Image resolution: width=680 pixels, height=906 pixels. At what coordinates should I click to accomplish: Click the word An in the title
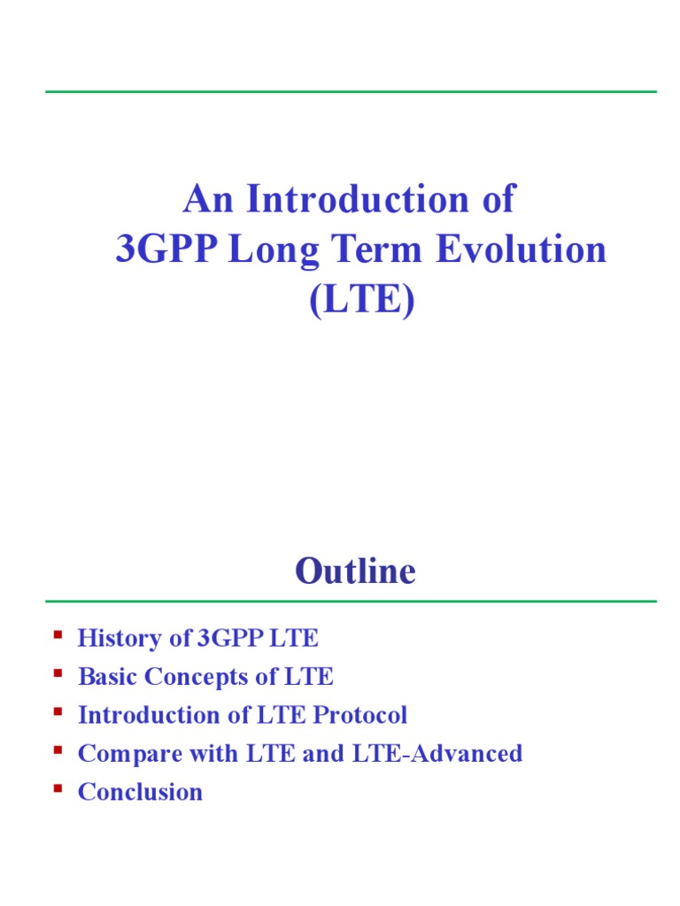tap(210, 199)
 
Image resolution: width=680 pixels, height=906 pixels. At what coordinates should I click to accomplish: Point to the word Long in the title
tap(267, 250)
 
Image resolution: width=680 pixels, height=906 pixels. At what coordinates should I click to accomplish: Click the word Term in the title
tap(371, 250)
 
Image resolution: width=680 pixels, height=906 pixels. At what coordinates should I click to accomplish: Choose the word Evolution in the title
tap(521, 250)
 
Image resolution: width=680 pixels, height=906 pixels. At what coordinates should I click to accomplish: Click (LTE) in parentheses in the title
tap(361, 302)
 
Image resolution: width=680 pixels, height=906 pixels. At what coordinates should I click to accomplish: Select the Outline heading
tap(355, 572)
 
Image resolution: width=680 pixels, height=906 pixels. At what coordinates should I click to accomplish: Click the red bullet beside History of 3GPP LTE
tap(58, 635)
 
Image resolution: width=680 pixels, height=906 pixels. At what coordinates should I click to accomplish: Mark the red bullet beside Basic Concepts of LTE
tap(58, 673)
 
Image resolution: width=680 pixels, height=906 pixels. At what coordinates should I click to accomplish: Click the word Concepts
tap(192, 678)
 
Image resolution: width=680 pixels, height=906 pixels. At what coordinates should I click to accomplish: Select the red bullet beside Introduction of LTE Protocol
tap(58, 711)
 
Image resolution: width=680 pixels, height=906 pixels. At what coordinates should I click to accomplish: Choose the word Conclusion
tap(140, 792)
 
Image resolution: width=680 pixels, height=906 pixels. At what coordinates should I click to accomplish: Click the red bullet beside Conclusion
tap(58, 787)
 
